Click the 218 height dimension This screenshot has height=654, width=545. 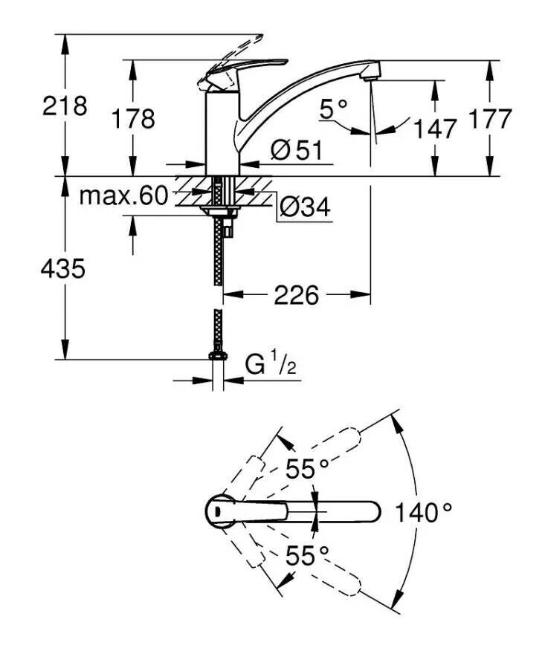[x=64, y=106]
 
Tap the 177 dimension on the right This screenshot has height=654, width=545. [x=490, y=118]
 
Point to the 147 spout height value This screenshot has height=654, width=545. [x=435, y=129]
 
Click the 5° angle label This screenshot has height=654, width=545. [x=334, y=110]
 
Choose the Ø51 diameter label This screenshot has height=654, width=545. [x=295, y=151]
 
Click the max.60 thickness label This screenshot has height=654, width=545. [x=123, y=196]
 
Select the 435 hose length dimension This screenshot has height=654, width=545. [x=62, y=268]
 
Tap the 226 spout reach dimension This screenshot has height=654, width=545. [x=297, y=295]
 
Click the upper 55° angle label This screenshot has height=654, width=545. [x=308, y=469]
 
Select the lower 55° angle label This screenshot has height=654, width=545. [x=308, y=554]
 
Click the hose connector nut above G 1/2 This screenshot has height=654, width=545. [x=218, y=356]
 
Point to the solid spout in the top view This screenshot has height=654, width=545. [x=335, y=511]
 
